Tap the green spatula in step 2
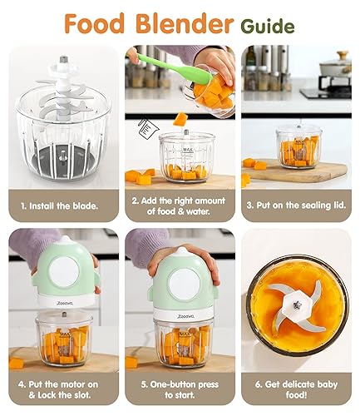click(157, 60)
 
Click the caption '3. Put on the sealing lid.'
click(295, 204)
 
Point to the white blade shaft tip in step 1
click(62, 60)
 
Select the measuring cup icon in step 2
click(153, 131)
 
